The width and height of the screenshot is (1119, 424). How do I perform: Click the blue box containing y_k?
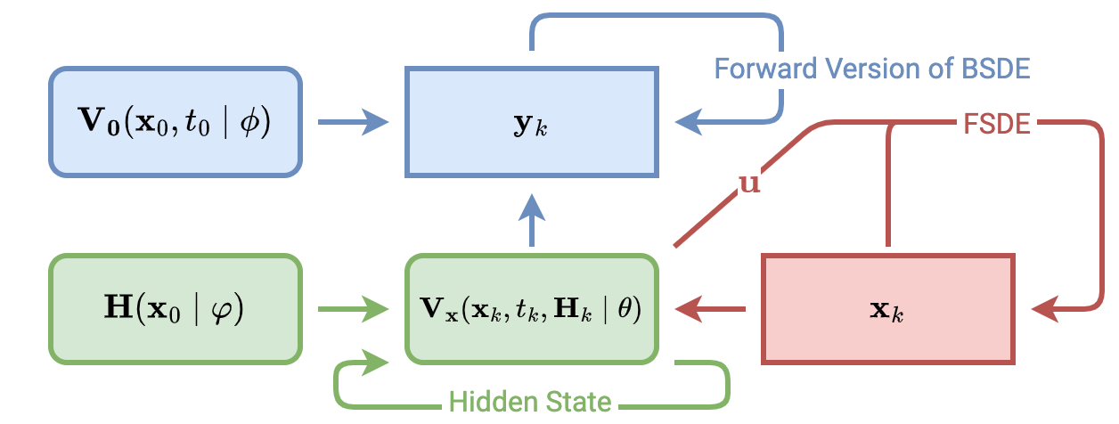click(532, 121)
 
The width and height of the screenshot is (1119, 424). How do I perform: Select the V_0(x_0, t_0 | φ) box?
click(176, 121)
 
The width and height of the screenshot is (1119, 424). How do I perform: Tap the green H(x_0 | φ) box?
click(176, 309)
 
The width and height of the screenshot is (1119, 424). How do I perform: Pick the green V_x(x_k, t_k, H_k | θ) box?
click(532, 309)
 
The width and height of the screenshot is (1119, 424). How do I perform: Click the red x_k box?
click(887, 309)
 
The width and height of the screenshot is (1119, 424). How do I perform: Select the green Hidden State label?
click(531, 402)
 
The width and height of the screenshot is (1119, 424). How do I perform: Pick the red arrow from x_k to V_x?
click(710, 310)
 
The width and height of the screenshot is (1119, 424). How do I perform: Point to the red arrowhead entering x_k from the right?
click(1044, 310)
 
